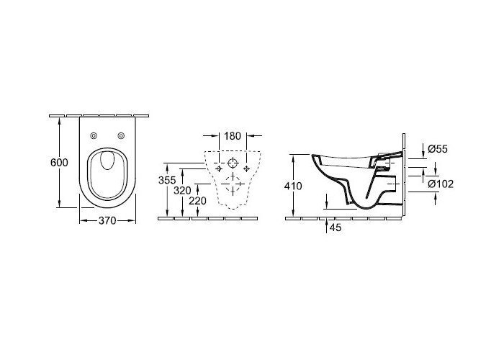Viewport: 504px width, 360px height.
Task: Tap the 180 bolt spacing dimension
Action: (232, 136)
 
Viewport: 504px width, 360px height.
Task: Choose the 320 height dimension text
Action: (181, 191)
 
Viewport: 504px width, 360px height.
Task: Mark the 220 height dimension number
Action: (197, 202)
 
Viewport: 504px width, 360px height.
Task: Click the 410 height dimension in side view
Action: (293, 186)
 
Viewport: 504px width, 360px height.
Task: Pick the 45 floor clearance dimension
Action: (334, 228)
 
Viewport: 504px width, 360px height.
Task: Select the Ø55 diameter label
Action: (438, 148)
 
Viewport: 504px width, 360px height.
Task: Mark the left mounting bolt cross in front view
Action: (217, 168)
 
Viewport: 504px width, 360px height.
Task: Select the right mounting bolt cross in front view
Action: (247, 168)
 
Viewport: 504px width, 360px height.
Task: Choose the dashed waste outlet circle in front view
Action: (232, 185)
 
